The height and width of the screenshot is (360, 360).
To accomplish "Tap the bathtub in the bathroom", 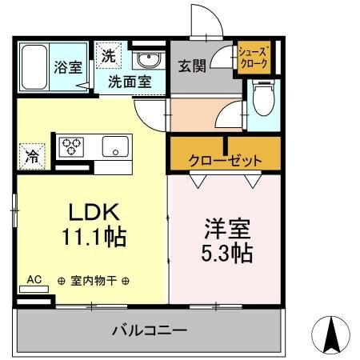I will click(34, 66).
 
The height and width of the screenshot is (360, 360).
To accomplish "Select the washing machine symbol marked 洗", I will click(108, 57).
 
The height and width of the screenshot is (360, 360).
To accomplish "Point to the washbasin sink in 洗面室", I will click(146, 60).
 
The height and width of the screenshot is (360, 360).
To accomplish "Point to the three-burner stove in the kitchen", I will click(72, 147).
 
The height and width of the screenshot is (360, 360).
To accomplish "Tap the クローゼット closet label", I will click(225, 160).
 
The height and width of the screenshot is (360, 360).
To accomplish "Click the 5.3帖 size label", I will click(225, 254).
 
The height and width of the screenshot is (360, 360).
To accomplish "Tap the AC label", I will click(34, 279).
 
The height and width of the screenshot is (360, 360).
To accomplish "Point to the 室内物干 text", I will click(94, 280).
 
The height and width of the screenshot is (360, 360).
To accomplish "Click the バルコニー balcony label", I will click(149, 329).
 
